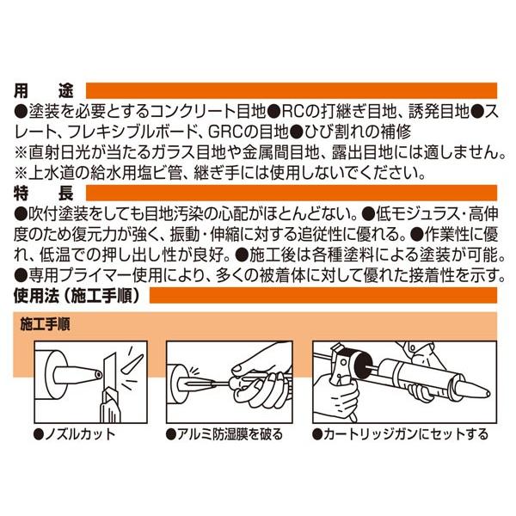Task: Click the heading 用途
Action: pos(44,91)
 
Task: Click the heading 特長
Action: pos(44,193)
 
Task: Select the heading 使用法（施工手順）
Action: pos(77,296)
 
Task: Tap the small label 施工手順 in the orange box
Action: pos(45,324)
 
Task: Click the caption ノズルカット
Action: pos(75,434)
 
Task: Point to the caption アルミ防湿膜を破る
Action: pos(224,434)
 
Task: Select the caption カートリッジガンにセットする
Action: pos(400,434)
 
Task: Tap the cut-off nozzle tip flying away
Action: pos(132,364)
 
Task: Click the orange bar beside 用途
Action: pos(292,90)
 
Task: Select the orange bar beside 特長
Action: pos(292,193)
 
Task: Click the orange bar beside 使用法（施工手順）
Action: pos(323,295)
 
